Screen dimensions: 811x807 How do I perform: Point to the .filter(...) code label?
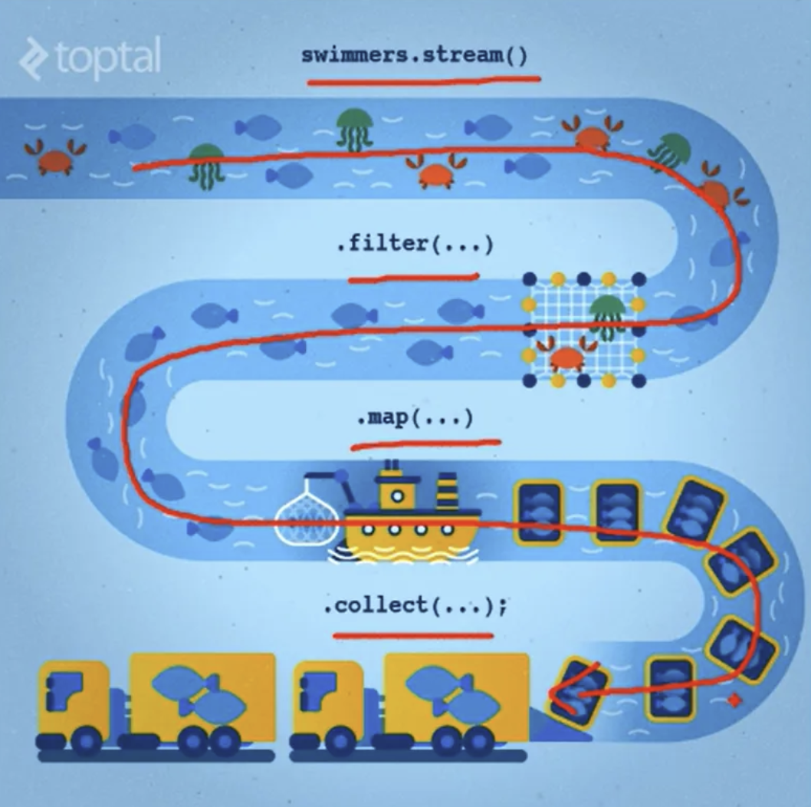[414, 245]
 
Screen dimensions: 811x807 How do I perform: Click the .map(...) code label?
[415, 419]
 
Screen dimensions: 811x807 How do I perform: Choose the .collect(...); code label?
[415, 607]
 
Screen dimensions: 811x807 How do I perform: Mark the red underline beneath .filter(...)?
[414, 278]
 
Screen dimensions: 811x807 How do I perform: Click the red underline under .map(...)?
[425, 443]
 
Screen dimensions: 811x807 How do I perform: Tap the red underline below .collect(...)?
[413, 635]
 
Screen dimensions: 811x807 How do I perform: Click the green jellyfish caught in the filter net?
[608, 315]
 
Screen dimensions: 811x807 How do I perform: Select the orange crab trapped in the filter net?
[566, 355]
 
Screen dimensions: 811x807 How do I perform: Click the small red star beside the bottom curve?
[734, 700]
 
